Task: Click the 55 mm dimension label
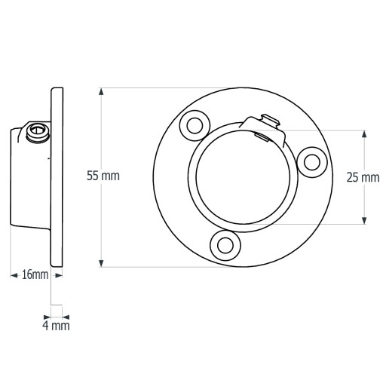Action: [x=103, y=176]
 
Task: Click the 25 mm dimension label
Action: [x=363, y=177]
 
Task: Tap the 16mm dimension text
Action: [x=35, y=274]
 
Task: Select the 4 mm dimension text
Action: [x=56, y=326]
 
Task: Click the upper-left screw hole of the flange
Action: [x=195, y=126]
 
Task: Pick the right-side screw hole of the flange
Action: [x=312, y=162]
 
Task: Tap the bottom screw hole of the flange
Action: [x=225, y=245]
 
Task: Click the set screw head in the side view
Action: [x=38, y=132]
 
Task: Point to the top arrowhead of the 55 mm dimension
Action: [x=101, y=91]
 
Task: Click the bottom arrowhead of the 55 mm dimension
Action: [x=101, y=263]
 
